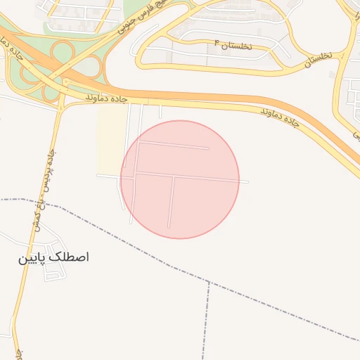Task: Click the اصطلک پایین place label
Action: [x=53, y=258]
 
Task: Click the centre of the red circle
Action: [x=180, y=179]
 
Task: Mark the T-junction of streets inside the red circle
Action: [x=173, y=176]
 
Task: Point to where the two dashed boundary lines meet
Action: [x=210, y=283]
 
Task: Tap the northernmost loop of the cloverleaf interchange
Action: [x=63, y=51]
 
